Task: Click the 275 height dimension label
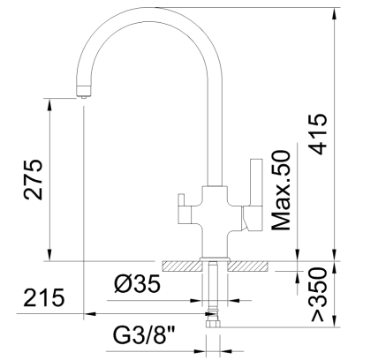(x=33, y=181)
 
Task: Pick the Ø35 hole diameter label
(x=137, y=285)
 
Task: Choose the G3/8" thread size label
(x=144, y=336)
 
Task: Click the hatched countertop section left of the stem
(x=183, y=265)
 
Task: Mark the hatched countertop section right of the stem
(x=253, y=265)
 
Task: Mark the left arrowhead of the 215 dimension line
(x=87, y=314)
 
